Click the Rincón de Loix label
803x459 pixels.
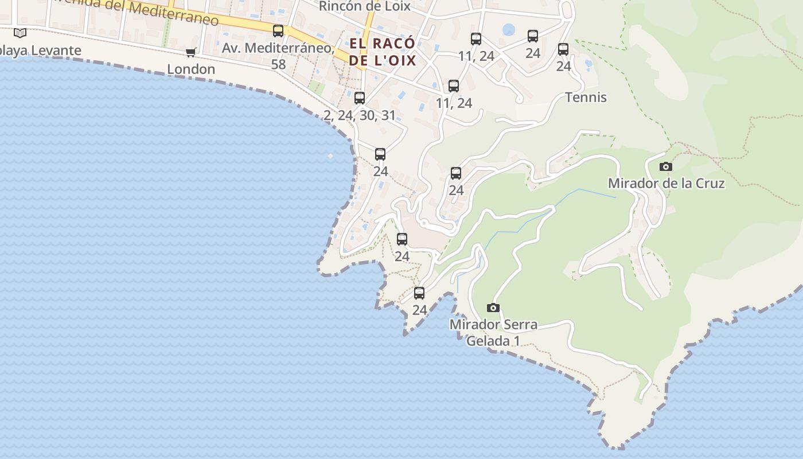[x=365, y=6]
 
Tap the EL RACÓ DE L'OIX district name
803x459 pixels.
[x=382, y=52]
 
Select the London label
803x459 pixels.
[x=191, y=69]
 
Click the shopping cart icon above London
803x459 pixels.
[x=191, y=53]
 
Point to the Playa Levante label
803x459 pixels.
[x=40, y=50]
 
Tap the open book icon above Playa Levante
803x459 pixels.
[x=20, y=33]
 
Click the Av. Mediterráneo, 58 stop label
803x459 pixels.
[x=278, y=48]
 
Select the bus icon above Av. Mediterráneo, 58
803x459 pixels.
[x=278, y=31]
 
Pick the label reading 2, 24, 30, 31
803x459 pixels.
[x=360, y=115]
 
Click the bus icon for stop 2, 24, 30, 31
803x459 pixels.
[x=360, y=98]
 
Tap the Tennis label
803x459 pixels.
[x=586, y=98]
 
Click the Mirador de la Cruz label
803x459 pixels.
[x=666, y=184]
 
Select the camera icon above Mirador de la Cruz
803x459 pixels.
[x=666, y=167]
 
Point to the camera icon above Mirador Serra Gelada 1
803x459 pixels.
[x=493, y=308]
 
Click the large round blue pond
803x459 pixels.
[x=509, y=30]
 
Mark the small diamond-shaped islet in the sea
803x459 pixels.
[x=330, y=155]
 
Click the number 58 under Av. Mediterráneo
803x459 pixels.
[x=278, y=64]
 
